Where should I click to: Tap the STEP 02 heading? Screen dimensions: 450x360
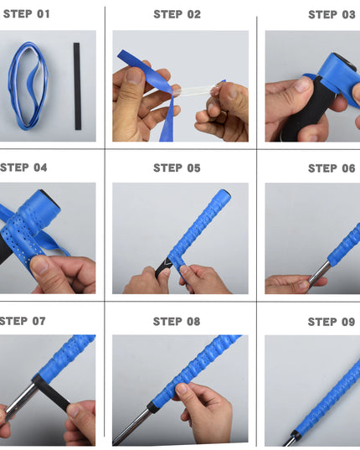[x=177, y=14]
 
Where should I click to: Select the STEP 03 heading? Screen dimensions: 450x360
[x=332, y=14]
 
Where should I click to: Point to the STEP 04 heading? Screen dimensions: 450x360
[x=24, y=168]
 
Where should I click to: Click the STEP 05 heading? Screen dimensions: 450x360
[x=177, y=168]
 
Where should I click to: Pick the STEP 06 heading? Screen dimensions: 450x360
[x=332, y=168]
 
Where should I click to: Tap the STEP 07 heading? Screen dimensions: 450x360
[x=24, y=321]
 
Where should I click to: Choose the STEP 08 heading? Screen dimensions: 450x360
[x=177, y=321]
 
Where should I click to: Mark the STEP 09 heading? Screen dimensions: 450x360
[x=332, y=321]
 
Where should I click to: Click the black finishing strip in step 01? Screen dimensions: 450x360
[x=78, y=86]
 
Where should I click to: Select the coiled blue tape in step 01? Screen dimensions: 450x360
[x=29, y=85]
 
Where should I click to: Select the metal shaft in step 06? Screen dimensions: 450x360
[x=317, y=272]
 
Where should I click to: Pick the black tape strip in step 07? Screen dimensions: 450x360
[x=52, y=394]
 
